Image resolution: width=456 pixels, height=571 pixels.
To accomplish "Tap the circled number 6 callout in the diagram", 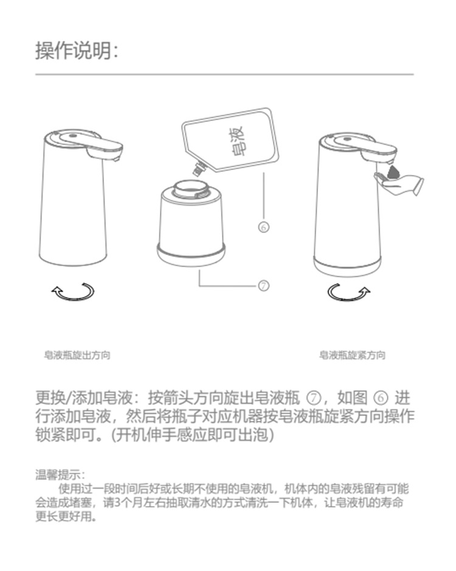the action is point(263,227).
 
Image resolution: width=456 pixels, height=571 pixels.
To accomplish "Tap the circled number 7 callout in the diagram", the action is point(263,286).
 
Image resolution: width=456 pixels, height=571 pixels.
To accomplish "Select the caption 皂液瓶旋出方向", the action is point(77,355).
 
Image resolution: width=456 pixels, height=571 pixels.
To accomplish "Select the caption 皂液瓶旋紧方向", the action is point(352,355).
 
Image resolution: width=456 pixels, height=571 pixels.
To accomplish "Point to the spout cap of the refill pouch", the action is point(199,169).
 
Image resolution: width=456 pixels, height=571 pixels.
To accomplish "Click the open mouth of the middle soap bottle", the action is point(192,188).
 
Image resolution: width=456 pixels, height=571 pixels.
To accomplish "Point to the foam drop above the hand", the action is point(393,171).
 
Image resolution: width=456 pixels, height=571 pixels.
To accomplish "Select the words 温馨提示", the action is point(58,475).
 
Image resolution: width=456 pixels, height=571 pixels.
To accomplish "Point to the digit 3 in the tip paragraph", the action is point(117,503).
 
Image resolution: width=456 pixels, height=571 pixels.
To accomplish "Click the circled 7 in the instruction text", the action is point(314,398).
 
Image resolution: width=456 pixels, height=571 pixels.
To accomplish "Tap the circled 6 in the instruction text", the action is point(381,398).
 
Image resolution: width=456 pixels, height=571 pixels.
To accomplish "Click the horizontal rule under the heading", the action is point(224,74).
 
